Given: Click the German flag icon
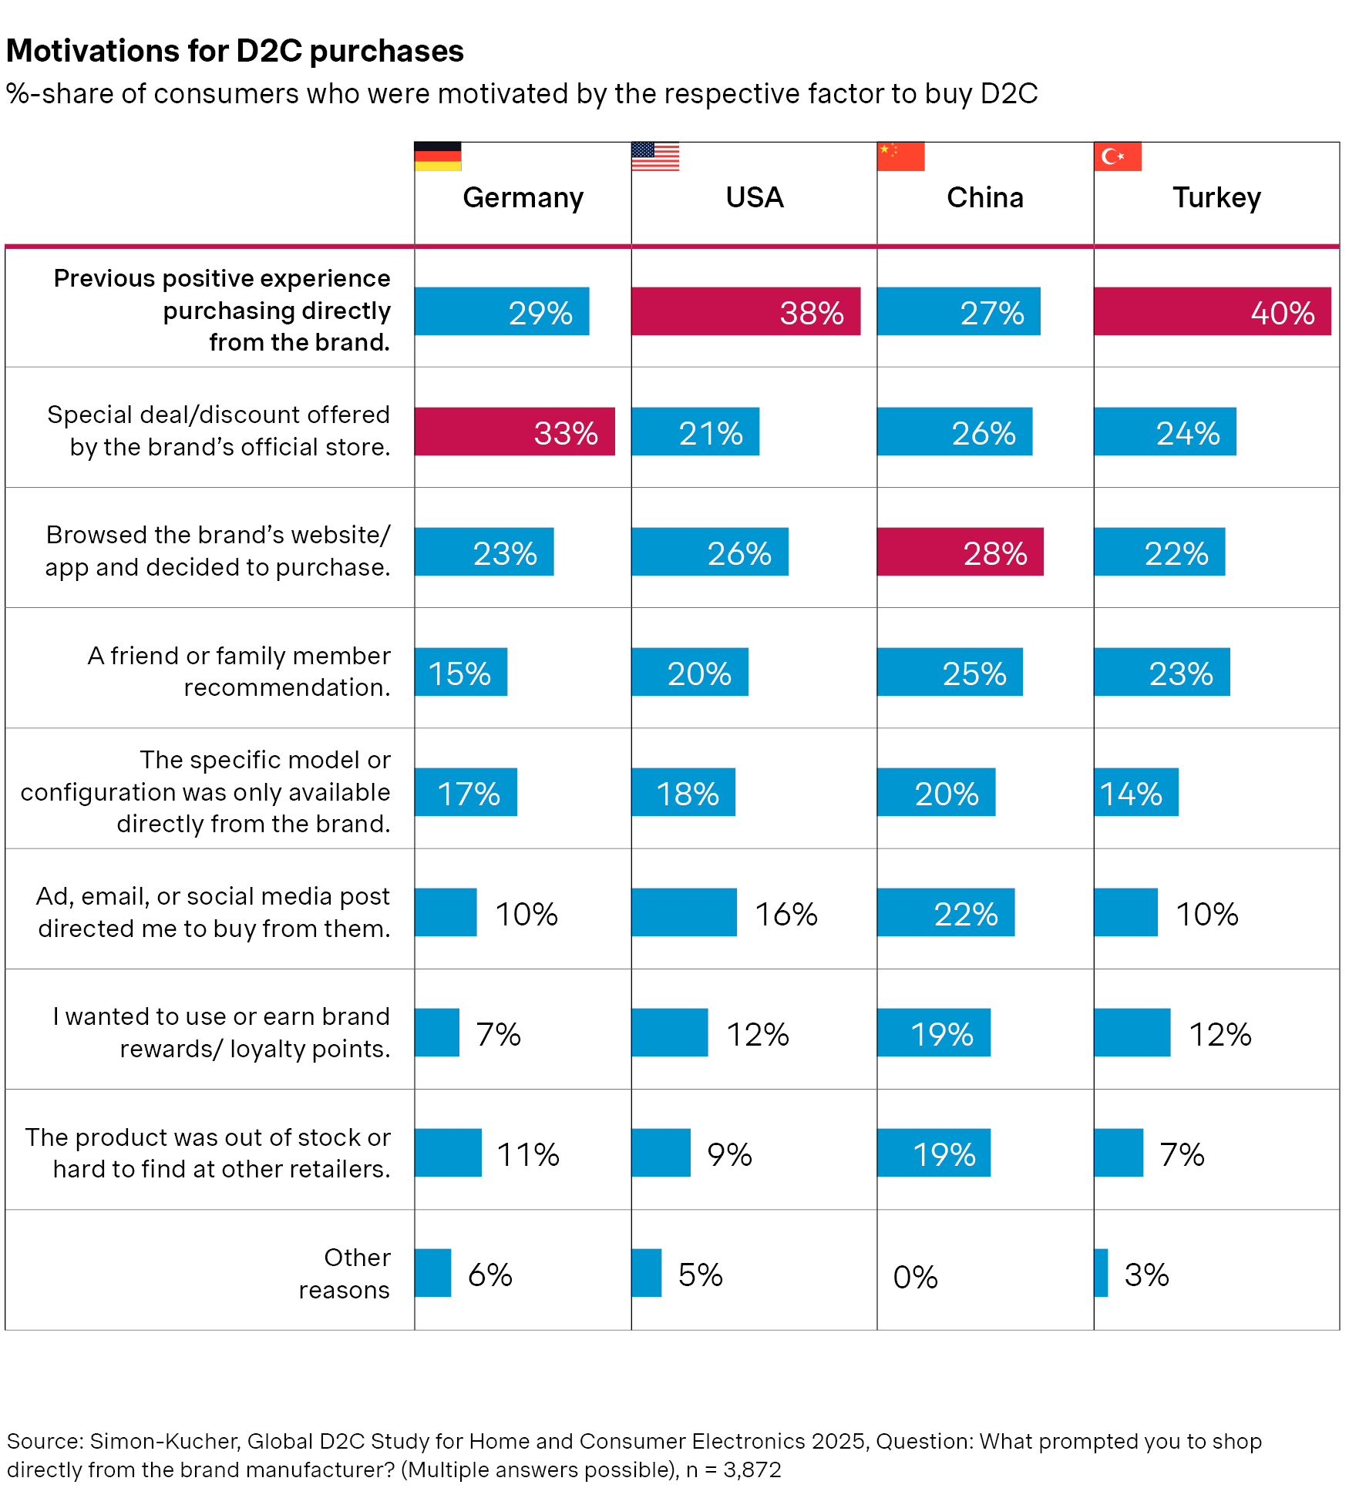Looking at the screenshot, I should [x=437, y=156].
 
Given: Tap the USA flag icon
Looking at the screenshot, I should [x=654, y=156].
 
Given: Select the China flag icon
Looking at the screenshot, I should [x=900, y=156].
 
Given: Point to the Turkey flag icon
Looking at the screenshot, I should [x=1117, y=156].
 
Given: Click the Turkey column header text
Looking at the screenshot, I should [x=1216, y=198].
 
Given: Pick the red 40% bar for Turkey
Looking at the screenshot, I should [x=1212, y=311].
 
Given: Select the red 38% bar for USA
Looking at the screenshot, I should [x=745, y=311].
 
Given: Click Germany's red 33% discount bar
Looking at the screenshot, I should [x=514, y=432].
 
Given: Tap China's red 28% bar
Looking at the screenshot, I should [x=960, y=552].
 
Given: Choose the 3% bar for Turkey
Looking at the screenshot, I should [x=1101, y=1273].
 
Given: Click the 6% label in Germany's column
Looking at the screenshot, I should [x=490, y=1275].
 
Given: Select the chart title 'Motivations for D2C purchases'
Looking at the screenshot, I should [x=235, y=51].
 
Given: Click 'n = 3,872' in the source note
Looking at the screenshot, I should [x=733, y=1470].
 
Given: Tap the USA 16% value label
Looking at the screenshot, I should [x=786, y=915].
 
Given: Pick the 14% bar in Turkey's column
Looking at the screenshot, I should [x=1135, y=792].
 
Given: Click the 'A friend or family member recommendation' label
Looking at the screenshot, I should [x=239, y=671].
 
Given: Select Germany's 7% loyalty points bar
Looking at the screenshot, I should [x=436, y=1033].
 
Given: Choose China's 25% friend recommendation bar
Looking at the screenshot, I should [x=950, y=672].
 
